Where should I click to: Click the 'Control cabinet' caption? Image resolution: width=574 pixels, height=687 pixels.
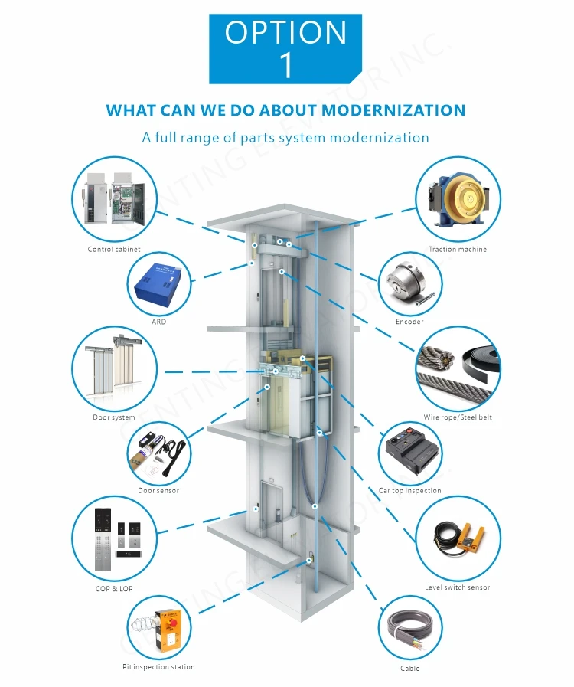[x=113, y=250]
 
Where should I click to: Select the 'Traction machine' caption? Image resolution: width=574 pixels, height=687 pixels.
[x=457, y=250]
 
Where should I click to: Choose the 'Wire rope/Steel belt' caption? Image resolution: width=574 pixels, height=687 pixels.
[x=458, y=417]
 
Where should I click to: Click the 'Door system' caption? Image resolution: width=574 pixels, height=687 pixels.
[x=113, y=417]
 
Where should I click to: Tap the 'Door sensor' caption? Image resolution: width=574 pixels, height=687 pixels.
[x=158, y=491]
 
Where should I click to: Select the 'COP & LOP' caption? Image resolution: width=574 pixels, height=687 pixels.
[x=113, y=588]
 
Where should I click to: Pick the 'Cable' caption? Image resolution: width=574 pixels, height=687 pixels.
[x=410, y=669]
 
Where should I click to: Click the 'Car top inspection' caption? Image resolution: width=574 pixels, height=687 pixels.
[x=410, y=491]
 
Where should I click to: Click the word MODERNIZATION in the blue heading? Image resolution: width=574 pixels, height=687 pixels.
[x=393, y=110]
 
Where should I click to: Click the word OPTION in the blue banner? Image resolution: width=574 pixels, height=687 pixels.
[x=285, y=32]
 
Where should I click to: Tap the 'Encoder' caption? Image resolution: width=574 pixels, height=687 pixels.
[x=409, y=322]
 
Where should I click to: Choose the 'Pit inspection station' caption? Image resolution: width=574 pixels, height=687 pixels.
[x=158, y=667]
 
